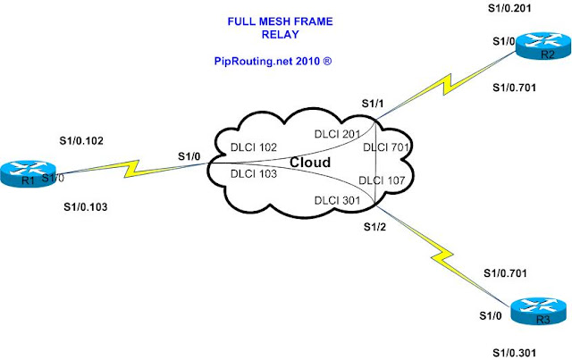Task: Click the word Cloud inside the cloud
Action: pyautogui.click(x=309, y=163)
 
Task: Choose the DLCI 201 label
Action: pyautogui.click(x=337, y=133)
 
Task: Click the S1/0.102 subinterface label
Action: pyautogui.click(x=81, y=139)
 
